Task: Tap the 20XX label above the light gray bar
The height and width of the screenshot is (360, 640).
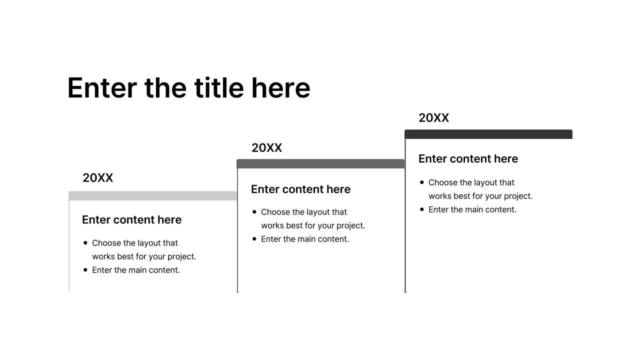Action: coord(97,178)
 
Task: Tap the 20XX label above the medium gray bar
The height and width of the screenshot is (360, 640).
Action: coord(266,148)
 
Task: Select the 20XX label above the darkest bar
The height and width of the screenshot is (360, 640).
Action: coord(433,118)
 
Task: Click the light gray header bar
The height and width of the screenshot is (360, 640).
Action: coord(152,196)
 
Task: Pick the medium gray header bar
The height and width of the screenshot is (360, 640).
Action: coord(320,164)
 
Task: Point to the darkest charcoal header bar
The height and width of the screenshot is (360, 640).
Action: coord(488,134)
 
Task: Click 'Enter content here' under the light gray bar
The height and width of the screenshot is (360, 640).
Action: coord(131,220)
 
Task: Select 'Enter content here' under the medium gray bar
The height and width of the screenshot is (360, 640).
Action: coord(300,189)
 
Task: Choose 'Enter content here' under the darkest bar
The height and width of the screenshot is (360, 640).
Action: coord(468,159)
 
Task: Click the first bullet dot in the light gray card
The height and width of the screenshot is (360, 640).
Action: coord(85,243)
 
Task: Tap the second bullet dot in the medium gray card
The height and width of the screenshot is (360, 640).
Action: coord(254,239)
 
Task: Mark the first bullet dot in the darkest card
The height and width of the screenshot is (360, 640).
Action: coord(422,182)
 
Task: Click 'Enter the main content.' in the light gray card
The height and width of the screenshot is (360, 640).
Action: coord(136,270)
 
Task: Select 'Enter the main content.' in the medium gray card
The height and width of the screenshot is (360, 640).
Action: coord(305,239)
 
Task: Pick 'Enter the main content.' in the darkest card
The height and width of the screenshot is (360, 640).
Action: coord(472,209)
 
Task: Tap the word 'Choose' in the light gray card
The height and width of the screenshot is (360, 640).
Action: coord(106,243)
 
